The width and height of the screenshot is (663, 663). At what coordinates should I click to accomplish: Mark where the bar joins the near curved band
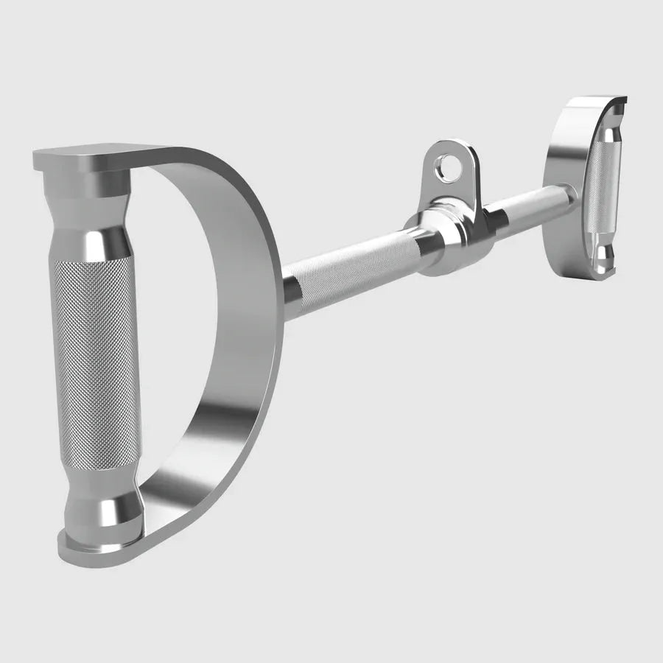pos(287,291)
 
